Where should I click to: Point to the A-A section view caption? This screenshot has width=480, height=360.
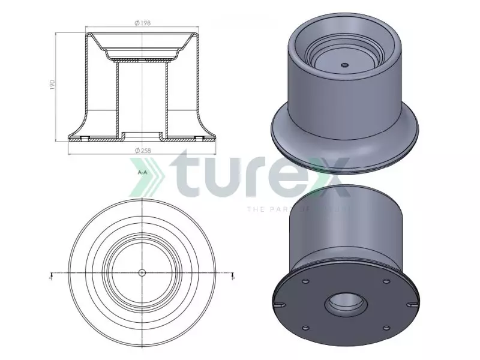[142, 172]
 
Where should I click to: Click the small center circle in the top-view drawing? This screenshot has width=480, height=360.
[142, 273]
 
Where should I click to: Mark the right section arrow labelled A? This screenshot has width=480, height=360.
[233, 277]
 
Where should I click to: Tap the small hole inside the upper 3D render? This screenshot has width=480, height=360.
[344, 65]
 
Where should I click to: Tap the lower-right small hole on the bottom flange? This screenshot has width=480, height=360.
[384, 328]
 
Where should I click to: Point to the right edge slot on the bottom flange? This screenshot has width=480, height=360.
[413, 305]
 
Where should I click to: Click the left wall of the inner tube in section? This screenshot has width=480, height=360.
[116, 96]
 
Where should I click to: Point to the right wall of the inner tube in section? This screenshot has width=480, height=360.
[166, 96]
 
